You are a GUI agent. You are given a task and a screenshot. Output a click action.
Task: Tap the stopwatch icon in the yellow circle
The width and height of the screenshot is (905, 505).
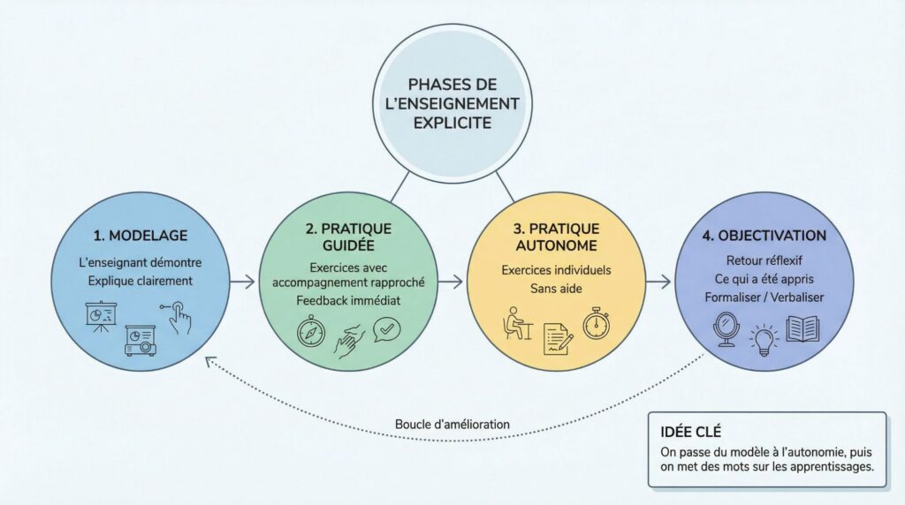click(x=596, y=323)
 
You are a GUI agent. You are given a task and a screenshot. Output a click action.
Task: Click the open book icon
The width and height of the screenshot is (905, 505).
click(x=806, y=330)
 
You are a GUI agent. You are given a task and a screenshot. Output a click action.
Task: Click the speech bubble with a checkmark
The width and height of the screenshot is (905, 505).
click(x=385, y=330)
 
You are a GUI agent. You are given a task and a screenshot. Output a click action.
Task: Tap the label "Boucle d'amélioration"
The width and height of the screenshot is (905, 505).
click(x=452, y=424)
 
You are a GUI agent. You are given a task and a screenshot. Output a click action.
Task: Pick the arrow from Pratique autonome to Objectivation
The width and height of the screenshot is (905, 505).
click(x=657, y=283)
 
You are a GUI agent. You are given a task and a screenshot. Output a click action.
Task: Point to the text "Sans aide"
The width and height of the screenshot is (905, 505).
click(x=555, y=288)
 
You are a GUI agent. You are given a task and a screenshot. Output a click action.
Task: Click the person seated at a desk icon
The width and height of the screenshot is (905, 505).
click(x=515, y=324)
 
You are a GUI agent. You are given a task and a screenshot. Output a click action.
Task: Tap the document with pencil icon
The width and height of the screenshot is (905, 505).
click(x=556, y=339)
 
